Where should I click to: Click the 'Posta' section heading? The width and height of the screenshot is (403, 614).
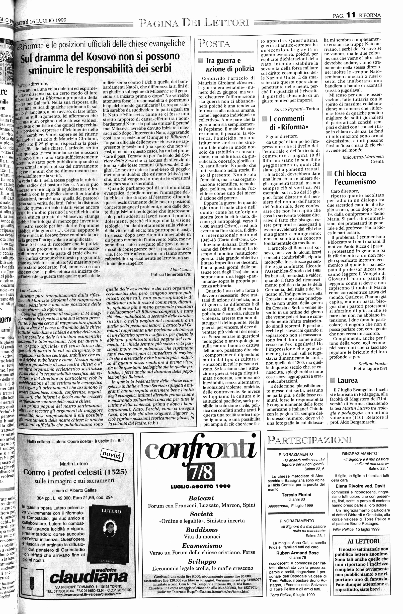point(214,44)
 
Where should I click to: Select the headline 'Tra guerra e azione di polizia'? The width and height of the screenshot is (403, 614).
point(229,64)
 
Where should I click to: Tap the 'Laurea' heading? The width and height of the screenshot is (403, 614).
point(347,380)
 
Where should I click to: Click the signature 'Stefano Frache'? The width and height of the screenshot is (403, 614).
point(373,364)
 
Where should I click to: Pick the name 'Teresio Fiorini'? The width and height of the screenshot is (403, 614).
point(296,494)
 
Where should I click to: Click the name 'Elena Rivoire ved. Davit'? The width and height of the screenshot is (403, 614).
point(358,486)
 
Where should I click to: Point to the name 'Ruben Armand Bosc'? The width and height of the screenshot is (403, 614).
point(297,553)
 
